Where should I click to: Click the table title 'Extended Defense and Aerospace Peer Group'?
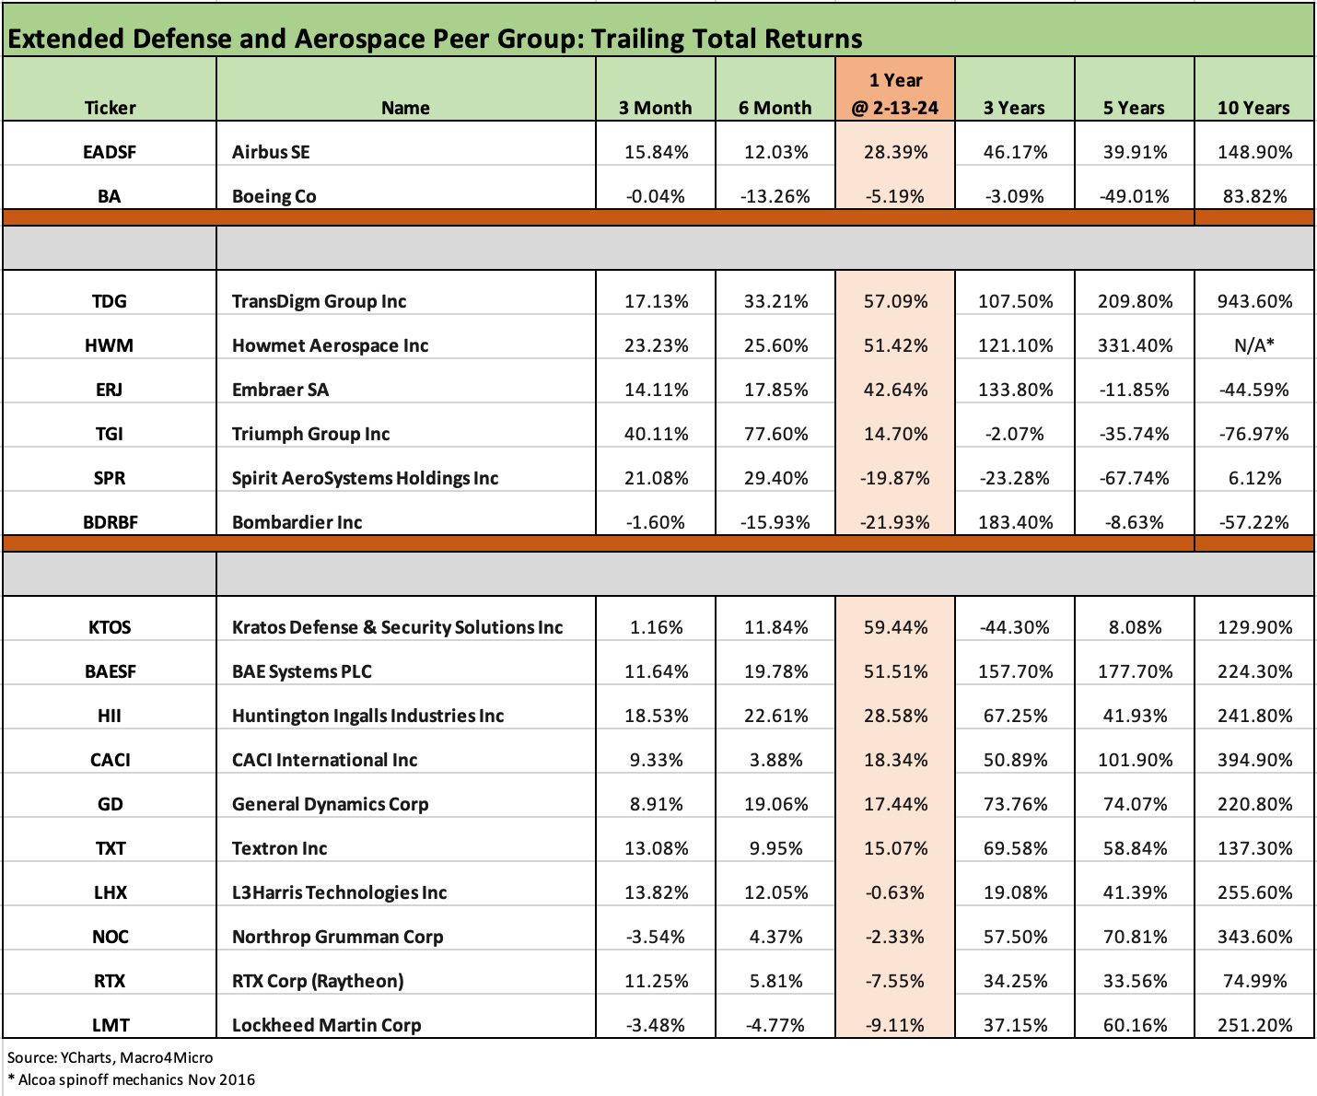(435, 39)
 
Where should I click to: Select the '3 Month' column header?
(655, 108)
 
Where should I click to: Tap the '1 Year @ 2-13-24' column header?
(895, 94)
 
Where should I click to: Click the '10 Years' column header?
(1253, 108)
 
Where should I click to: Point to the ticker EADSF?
(110, 152)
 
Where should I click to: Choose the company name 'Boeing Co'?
(274, 196)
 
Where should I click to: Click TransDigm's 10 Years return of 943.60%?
(1253, 301)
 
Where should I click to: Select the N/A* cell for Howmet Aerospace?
(1253, 345)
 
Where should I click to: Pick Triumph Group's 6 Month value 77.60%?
(775, 434)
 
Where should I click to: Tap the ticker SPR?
(110, 478)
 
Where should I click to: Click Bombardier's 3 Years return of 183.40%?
(1014, 522)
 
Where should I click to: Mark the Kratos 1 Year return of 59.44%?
(895, 627)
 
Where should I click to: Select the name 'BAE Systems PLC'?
(302, 671)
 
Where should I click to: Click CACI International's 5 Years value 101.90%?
(1135, 760)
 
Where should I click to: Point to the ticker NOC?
(110, 937)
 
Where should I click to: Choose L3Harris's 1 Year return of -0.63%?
(895, 892)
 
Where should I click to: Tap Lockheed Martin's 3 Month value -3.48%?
(655, 1025)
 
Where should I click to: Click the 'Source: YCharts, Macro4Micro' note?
(110, 1057)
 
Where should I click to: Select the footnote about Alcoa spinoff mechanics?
(131, 1079)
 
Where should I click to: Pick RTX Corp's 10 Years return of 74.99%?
(1253, 981)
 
